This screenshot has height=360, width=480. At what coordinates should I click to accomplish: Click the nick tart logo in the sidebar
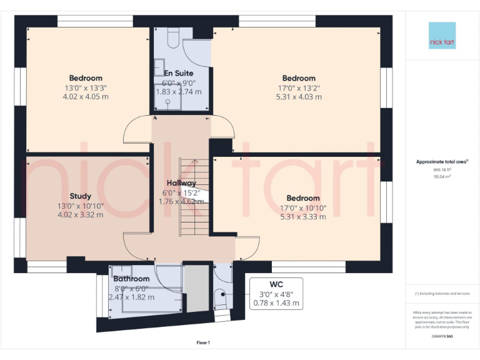click(x=442, y=36)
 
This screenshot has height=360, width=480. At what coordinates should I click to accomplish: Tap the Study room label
click(x=80, y=196)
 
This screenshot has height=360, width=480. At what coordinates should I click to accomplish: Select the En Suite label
click(x=178, y=73)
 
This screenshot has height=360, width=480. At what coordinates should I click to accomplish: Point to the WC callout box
click(x=276, y=294)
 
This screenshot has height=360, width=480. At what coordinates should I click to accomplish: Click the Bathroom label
click(x=131, y=279)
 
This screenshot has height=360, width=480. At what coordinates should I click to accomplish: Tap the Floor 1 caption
click(x=203, y=342)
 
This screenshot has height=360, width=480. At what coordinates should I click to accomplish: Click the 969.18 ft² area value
click(x=442, y=169)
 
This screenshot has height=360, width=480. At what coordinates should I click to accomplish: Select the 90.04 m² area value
click(x=442, y=176)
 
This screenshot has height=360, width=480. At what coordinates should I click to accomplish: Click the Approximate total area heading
click(x=442, y=162)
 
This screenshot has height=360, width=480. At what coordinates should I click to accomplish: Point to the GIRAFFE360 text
click(x=442, y=336)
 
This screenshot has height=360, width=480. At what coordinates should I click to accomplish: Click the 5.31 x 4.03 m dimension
click(x=299, y=97)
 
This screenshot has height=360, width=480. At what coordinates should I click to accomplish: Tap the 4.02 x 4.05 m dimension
click(x=86, y=97)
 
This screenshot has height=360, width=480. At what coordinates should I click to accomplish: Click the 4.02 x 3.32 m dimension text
click(x=80, y=214)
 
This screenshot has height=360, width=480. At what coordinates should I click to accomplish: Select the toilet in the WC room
click(x=219, y=299)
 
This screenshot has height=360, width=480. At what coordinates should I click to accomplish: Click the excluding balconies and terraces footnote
click(x=442, y=294)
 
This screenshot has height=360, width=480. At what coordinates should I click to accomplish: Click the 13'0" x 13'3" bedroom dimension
click(x=86, y=88)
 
